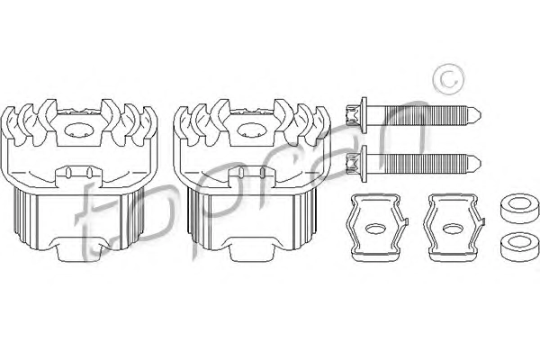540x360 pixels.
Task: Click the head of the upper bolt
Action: click(x=352, y=114)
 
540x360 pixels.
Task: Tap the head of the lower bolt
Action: click(x=352, y=163)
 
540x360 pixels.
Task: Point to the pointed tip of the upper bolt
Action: click(x=480, y=114)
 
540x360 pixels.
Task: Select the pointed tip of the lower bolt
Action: click(x=480, y=163)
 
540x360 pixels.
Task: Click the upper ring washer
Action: click(x=519, y=211)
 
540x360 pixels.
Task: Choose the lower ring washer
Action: click(x=519, y=247)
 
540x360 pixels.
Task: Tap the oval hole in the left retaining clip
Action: click(x=375, y=229)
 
